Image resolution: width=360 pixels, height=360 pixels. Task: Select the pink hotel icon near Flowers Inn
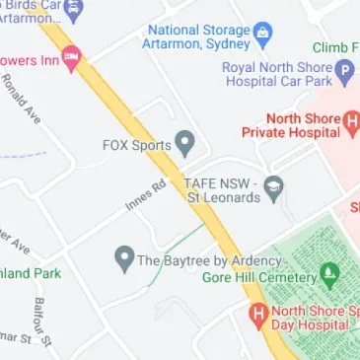point(71,60)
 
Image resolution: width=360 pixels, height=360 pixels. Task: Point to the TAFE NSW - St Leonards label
point(223,190)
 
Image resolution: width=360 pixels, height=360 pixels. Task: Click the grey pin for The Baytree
point(124,260)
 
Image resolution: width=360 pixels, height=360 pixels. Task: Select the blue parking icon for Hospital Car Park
point(344,72)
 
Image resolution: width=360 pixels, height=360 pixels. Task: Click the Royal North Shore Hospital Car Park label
point(277,75)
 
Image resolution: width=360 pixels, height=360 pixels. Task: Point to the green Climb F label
point(336,47)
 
